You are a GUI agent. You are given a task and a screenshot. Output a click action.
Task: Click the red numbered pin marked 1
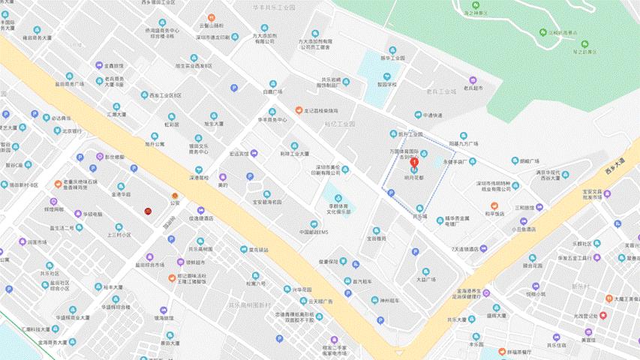pos(413,164)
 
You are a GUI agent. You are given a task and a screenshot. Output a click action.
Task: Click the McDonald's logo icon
pos(149,211)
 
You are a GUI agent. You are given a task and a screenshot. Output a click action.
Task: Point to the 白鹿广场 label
pos(272,91)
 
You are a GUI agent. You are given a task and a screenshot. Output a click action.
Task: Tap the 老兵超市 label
pos(473,88)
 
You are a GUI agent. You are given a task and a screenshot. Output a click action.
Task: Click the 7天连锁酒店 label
pos(464,248)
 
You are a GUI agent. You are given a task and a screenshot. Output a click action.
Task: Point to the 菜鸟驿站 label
pos(254,249)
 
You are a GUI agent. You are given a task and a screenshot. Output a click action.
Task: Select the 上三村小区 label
pos(119,234)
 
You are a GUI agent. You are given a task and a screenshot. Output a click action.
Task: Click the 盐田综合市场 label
pos(150,265)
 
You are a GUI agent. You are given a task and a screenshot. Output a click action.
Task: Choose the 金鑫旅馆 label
pos(113,66)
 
